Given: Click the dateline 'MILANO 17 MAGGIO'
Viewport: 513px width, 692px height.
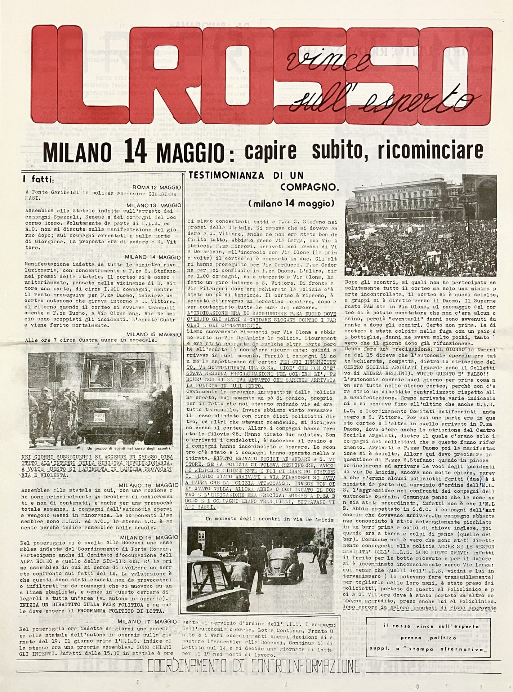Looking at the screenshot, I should coord(147,621).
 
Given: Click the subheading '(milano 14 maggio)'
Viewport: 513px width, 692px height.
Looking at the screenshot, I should coord(291,203).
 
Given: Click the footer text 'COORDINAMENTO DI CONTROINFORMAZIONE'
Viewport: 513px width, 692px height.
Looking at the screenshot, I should coord(253,667).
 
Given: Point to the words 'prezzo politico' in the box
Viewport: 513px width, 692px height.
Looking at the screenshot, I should coord(428,638).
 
